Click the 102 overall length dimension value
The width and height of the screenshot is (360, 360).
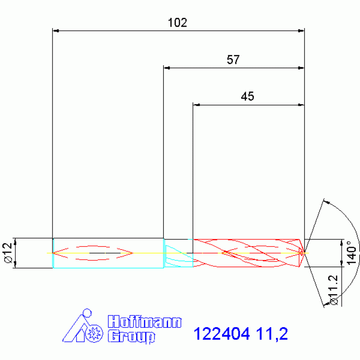177,23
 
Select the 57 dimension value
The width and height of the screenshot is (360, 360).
233,60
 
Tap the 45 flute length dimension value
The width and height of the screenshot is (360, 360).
247,97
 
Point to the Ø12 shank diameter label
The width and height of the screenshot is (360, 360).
7,253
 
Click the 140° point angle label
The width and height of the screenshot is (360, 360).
350,253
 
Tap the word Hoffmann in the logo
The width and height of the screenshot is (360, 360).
144,322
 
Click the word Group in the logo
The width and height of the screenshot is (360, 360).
131,336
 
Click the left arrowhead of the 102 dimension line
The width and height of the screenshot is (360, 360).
55,31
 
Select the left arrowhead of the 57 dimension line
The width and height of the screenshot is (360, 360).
166,68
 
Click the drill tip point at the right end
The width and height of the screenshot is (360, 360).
304,253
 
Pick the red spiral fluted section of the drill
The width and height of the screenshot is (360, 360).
246,253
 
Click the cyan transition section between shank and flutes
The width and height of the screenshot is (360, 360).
178,253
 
